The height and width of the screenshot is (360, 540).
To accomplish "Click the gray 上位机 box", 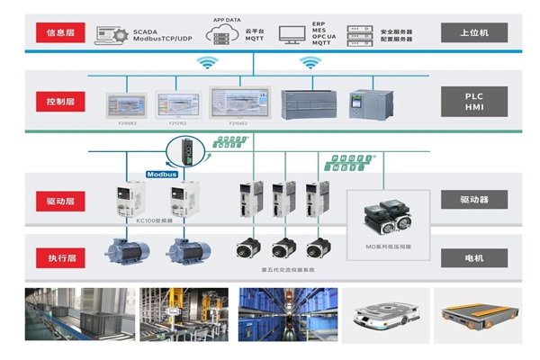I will coord(474,33).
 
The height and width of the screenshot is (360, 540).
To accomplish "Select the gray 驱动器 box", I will coord(474,199).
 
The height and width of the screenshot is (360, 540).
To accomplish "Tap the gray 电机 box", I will coord(474,258).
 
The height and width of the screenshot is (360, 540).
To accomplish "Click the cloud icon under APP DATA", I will coord(220,35).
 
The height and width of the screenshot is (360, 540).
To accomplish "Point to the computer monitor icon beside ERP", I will coord(290,35).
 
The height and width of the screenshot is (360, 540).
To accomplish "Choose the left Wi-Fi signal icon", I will coord(209,63).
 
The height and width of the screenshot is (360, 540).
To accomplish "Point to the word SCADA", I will coord(145,31).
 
